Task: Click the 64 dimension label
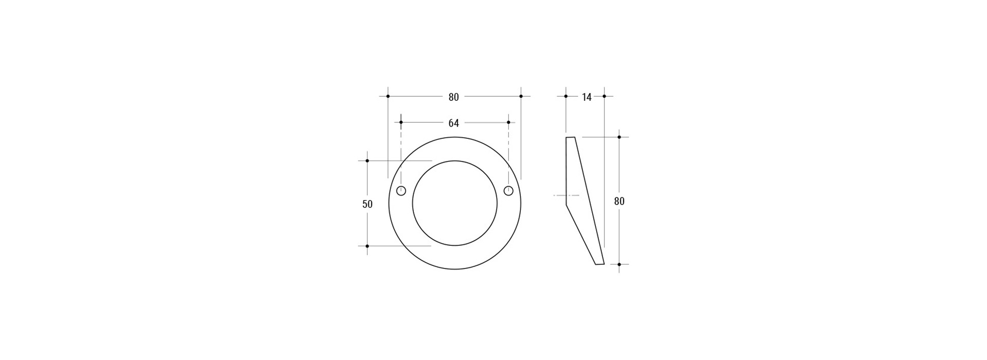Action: (x=453, y=123)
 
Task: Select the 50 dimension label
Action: (x=367, y=204)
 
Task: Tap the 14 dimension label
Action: (x=587, y=97)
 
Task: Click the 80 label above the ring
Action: (x=453, y=97)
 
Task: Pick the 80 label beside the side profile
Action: (x=619, y=202)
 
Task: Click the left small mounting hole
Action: (x=401, y=191)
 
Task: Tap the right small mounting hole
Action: (x=508, y=191)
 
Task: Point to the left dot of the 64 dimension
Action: (x=401, y=122)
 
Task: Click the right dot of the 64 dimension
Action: (x=508, y=122)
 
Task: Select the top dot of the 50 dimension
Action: (x=367, y=161)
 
